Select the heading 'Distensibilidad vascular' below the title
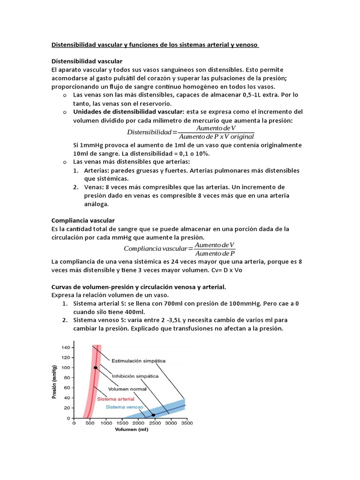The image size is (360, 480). coord(87,61)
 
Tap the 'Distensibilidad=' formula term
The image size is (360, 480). coord(152,132)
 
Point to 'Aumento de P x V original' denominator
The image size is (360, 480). coord(216,136)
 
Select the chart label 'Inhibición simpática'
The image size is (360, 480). coord(135,376)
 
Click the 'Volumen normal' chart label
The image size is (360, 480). coord(127,389)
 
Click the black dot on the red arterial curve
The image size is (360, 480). coord(96,367)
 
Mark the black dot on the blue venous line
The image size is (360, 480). coord(153,415)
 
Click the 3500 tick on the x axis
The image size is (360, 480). coord(186,423)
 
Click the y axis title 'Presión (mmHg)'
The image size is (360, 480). coord(54,382)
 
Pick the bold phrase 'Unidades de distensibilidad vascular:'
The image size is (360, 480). coord(129,112)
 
